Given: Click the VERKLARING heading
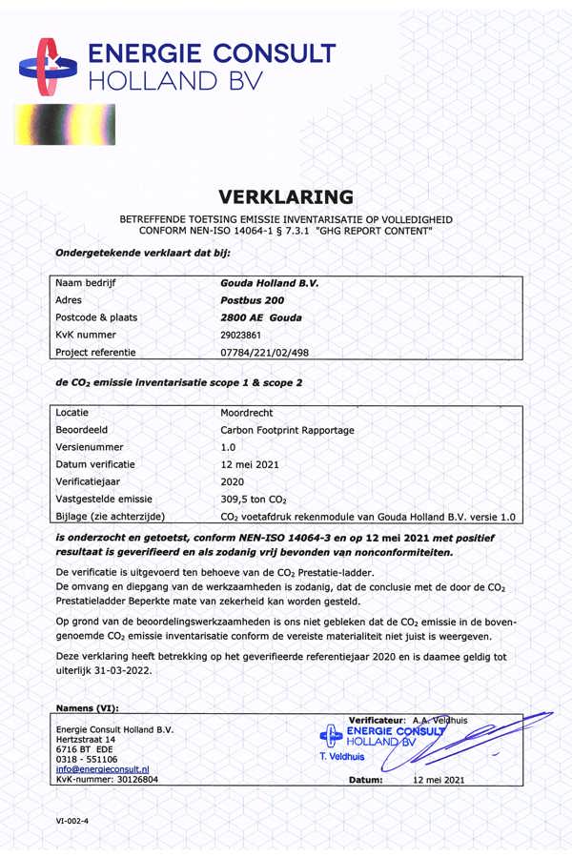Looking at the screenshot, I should click(286, 197).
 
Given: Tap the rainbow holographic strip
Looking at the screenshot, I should click(65, 124).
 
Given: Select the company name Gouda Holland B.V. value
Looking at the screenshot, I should click(269, 284).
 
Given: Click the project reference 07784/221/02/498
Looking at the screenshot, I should click(264, 353).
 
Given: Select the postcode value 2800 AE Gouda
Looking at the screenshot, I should click(261, 318).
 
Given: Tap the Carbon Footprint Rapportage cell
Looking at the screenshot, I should click(287, 430).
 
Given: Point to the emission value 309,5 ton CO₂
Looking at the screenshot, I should click(254, 499).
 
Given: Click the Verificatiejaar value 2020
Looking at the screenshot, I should click(232, 481).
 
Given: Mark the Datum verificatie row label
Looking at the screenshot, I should click(95, 464).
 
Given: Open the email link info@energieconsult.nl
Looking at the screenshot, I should click(102, 768).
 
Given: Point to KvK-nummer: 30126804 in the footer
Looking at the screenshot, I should click(108, 779).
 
